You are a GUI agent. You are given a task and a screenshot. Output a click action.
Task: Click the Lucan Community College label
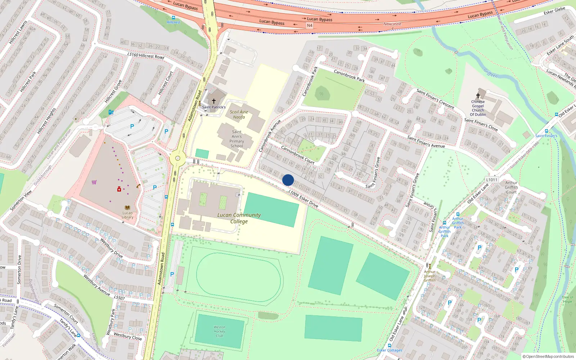[x=239, y=218]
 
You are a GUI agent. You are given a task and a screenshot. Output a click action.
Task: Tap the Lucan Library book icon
[x=127, y=208]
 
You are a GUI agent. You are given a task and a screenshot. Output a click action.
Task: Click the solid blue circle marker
[x=288, y=180]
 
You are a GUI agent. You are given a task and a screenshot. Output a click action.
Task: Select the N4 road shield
[x=310, y=26]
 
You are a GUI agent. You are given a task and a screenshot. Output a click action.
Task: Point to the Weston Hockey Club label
[x=219, y=332]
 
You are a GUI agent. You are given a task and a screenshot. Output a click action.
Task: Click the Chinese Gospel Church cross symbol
[x=478, y=96]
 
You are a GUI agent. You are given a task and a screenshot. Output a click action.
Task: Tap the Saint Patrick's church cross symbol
[x=214, y=101]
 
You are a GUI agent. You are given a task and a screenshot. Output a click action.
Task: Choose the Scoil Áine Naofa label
[x=239, y=114]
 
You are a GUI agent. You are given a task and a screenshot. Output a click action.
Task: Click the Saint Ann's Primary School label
[x=237, y=139]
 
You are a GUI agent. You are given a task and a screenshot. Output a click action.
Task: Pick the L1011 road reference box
[x=491, y=180]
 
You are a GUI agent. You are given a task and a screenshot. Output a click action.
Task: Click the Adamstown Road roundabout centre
[x=177, y=158]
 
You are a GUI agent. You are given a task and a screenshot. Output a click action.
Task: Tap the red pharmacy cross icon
[x=119, y=189]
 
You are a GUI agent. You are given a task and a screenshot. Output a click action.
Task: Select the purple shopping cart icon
[x=94, y=182]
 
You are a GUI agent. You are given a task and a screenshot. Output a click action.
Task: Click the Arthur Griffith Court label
[x=511, y=187]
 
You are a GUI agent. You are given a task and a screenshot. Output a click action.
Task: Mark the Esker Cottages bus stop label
[x=390, y=350]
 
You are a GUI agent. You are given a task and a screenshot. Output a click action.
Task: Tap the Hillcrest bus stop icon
[x=174, y=18]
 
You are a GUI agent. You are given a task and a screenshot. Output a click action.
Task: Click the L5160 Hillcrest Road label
[x=146, y=55]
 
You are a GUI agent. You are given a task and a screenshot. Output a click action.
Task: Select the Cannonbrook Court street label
[x=298, y=155]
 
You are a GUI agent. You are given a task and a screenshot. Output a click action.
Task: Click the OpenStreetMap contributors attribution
[x=548, y=356]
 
